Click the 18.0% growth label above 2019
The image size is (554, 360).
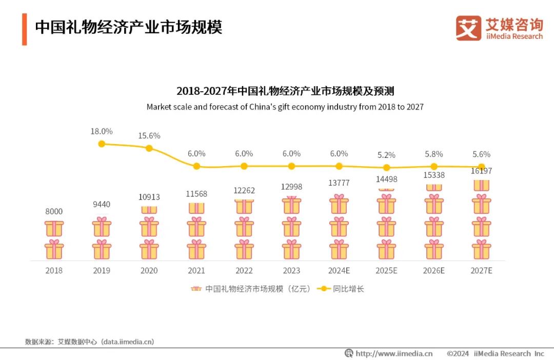coord(102,132)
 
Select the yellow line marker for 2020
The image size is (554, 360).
coord(149,148)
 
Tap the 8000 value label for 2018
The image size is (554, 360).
coord(54,211)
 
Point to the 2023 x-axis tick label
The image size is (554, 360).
coord(291,270)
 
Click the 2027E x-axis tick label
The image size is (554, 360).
coord(481,270)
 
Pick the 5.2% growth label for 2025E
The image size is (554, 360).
coord(386,155)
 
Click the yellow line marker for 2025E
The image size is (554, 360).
coord(386,168)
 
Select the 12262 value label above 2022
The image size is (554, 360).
coord(244,190)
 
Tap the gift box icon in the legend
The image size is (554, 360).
coord(196,289)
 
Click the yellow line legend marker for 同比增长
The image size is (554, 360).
coord(323,289)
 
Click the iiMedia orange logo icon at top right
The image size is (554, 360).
coord(468,28)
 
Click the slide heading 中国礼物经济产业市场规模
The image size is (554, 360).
coord(128,27)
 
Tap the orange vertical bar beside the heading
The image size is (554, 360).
coord(24,29)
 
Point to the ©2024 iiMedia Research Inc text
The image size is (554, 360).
coord(495,353)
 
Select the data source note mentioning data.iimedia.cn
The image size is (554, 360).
coord(89,342)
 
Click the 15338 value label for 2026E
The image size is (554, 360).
coord(434,175)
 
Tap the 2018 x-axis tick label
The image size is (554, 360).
coord(54,270)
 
